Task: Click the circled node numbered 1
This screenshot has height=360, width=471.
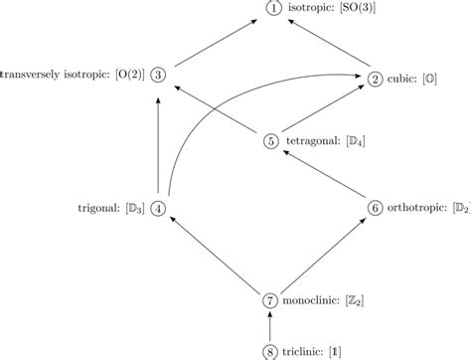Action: tap(273, 9)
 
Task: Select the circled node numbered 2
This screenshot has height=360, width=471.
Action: tap(376, 79)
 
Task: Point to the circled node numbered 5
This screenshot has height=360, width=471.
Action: tap(272, 140)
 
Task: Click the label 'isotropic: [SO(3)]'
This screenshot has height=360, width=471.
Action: tap(333, 9)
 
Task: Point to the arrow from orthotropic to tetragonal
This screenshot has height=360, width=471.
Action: tap(323, 173)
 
